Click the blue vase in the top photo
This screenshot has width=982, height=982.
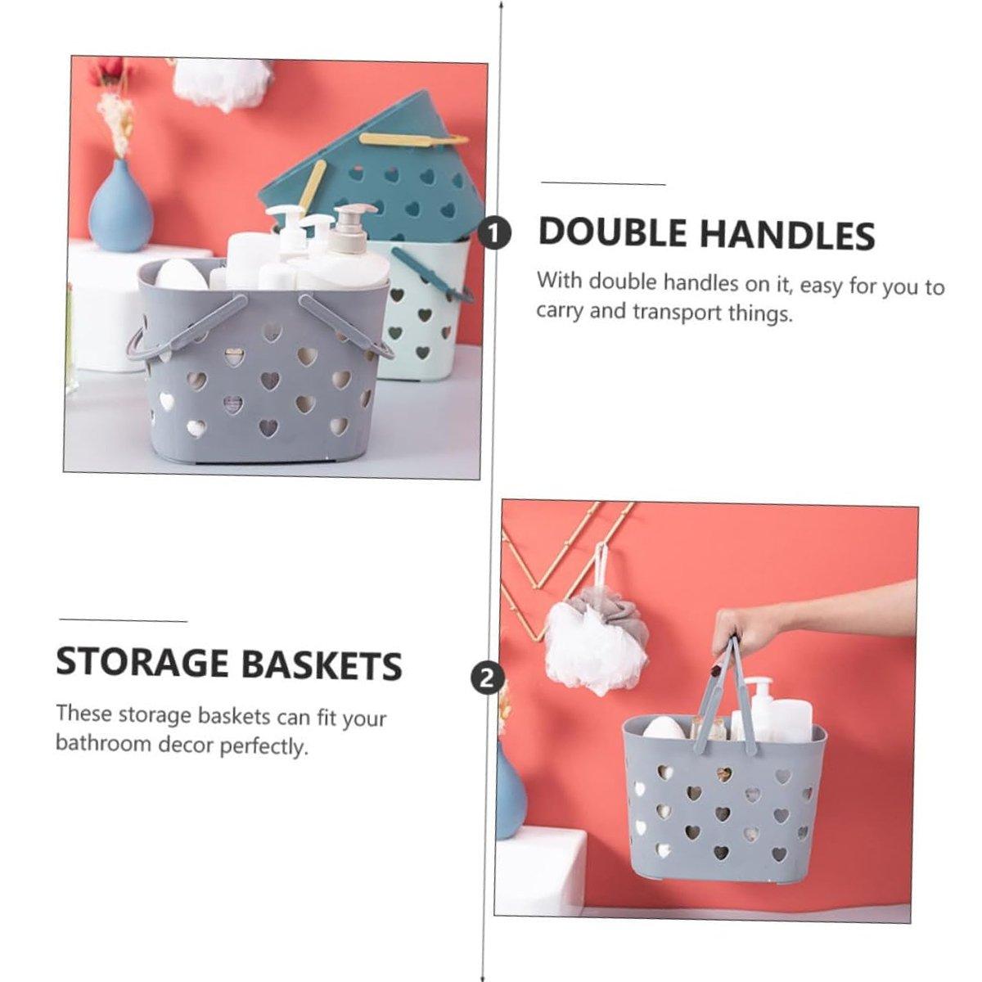(121, 207)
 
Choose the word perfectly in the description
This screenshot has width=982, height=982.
(264, 746)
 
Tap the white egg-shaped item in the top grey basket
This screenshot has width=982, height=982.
(182, 275)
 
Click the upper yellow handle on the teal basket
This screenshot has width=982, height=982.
(412, 139)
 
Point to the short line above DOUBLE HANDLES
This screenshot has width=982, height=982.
(603, 183)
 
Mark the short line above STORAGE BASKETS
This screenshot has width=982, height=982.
(123, 620)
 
